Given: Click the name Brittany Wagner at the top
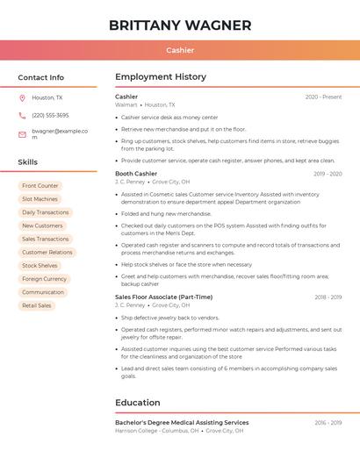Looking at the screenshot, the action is [x=180, y=25].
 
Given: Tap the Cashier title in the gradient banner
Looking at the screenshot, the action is [x=180, y=50].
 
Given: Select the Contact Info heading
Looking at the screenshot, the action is [x=41, y=77].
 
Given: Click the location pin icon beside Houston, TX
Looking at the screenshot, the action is [x=22, y=97].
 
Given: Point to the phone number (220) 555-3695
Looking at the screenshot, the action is [x=50, y=115].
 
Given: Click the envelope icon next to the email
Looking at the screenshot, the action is [x=22, y=134].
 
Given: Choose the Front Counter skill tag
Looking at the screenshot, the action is [x=40, y=186].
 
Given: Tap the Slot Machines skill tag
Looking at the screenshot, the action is [x=40, y=199].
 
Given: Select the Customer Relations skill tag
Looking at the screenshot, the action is [x=47, y=253].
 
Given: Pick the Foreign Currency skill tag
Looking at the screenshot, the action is [x=44, y=279].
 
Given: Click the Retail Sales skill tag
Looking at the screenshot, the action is [x=37, y=305].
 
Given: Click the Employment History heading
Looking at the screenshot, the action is [x=161, y=77].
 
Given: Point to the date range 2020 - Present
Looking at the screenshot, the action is [x=323, y=97].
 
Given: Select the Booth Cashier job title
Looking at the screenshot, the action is [x=136, y=174].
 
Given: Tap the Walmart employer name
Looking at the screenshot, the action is [x=126, y=104].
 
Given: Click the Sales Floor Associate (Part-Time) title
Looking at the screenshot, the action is [x=163, y=297].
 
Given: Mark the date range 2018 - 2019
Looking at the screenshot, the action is [x=328, y=297].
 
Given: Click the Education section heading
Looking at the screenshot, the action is [x=137, y=403].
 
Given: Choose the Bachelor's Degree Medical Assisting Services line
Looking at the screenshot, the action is [x=182, y=423].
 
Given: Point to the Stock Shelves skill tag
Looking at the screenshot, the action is [x=40, y=266].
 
